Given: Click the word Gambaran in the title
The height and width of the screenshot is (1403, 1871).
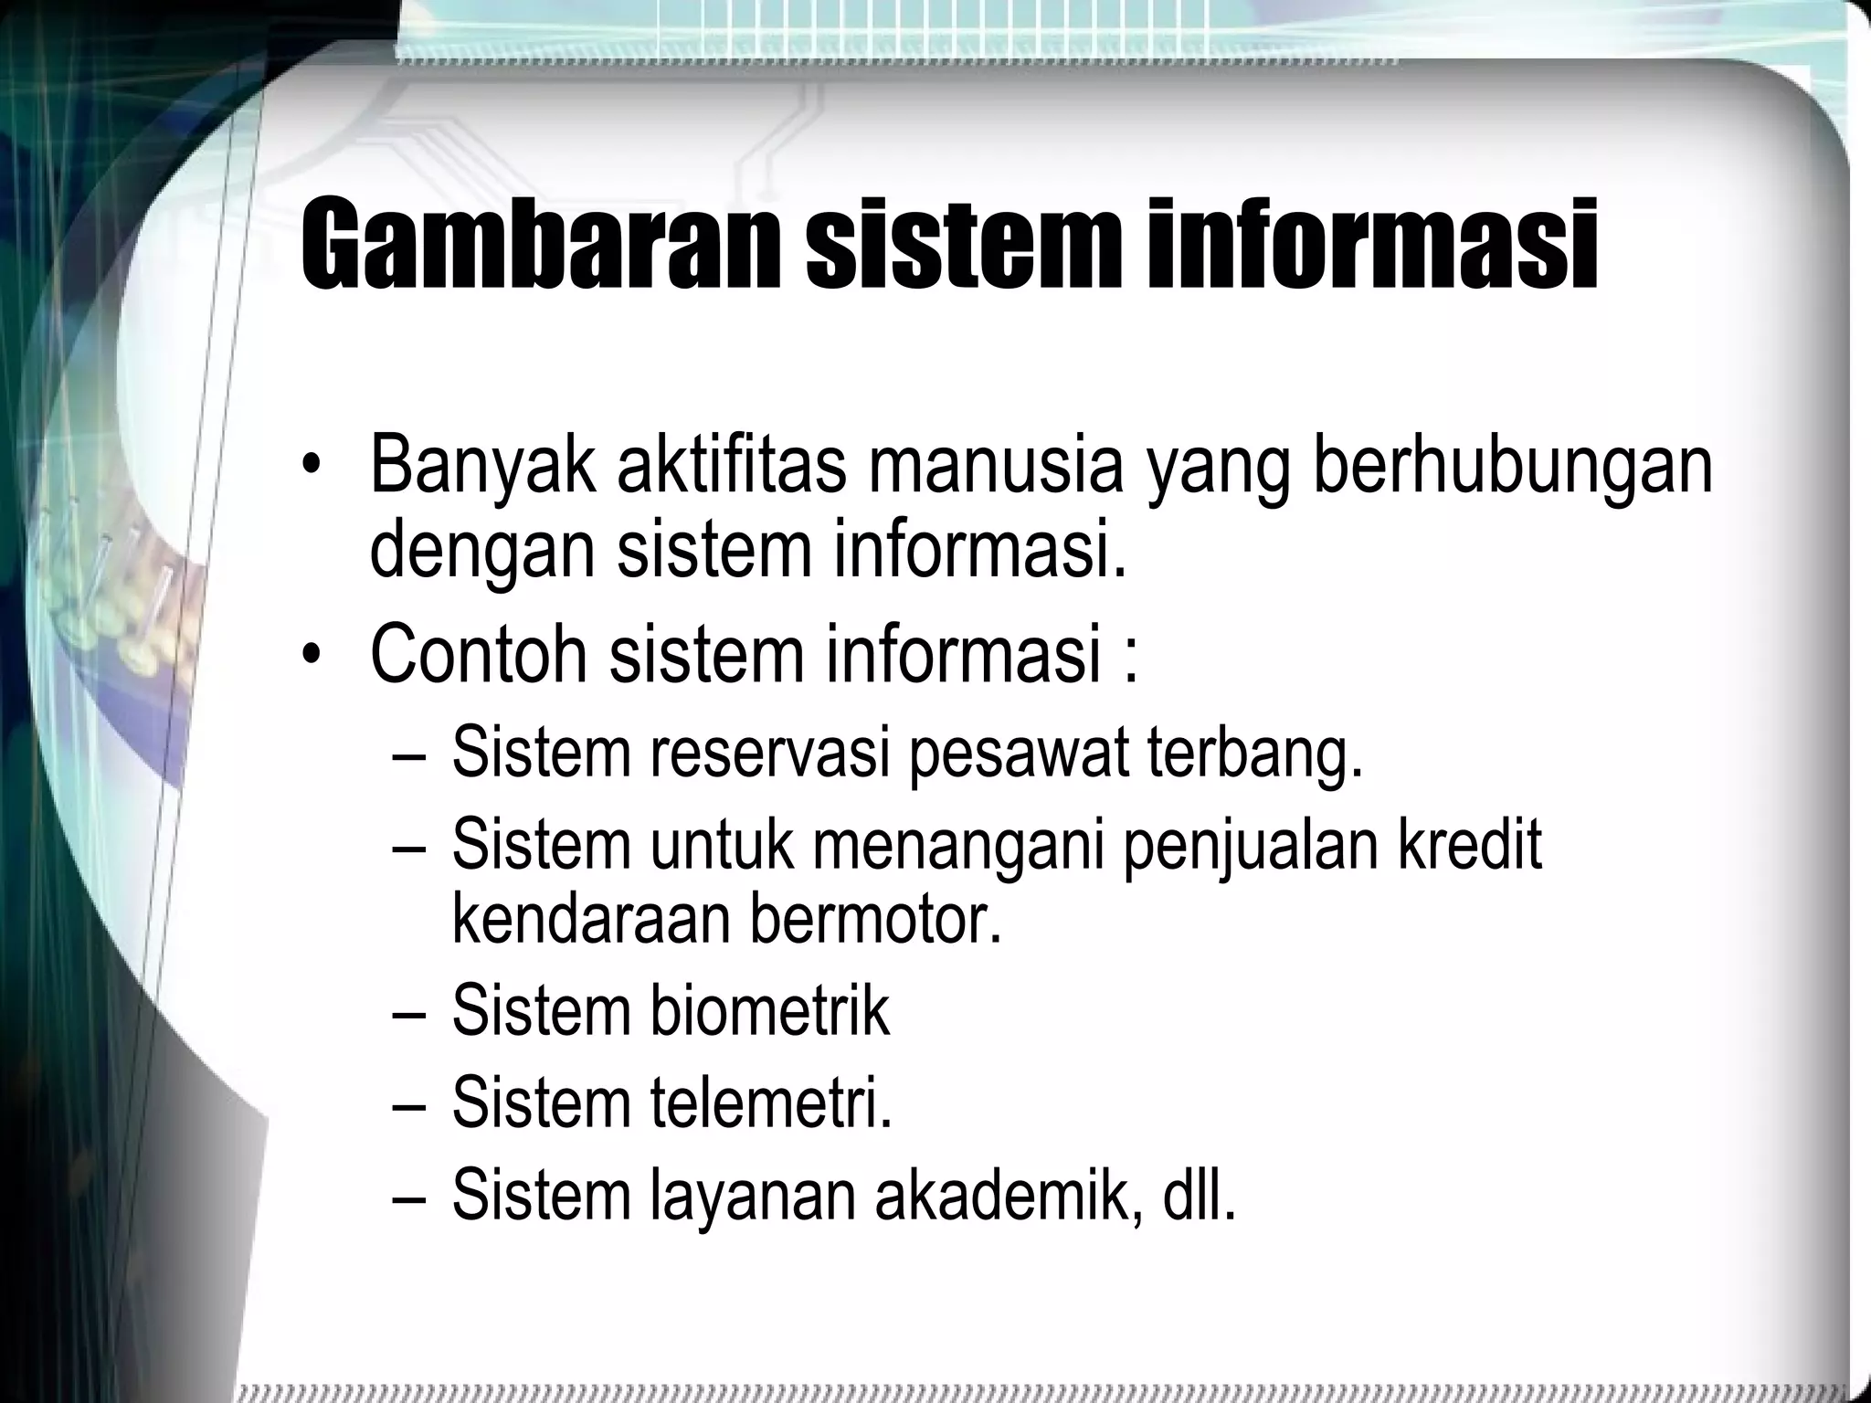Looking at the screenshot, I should click(x=540, y=245).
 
